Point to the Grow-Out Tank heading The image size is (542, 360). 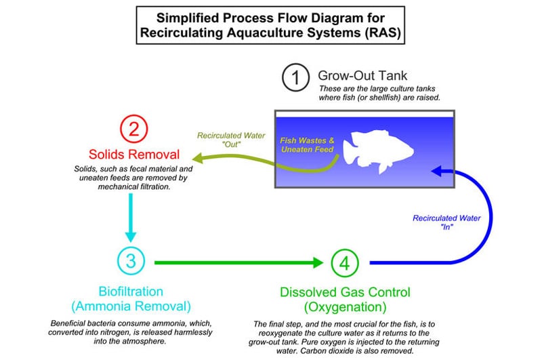(362, 75)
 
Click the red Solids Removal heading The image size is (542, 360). (134, 154)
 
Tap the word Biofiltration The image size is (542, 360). (131, 292)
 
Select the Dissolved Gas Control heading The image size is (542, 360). (345, 292)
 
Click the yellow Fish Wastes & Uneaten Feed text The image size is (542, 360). (308, 145)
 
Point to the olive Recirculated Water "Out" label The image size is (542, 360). (231, 140)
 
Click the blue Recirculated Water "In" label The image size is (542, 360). (446, 222)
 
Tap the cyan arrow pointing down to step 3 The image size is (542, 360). (131, 218)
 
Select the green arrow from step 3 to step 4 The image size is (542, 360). (238, 262)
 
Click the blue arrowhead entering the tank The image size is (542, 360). (437, 171)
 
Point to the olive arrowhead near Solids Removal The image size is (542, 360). (198, 158)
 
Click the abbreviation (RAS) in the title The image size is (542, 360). (382, 33)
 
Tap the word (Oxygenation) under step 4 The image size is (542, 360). (345, 306)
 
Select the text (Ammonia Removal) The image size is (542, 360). (131, 306)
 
